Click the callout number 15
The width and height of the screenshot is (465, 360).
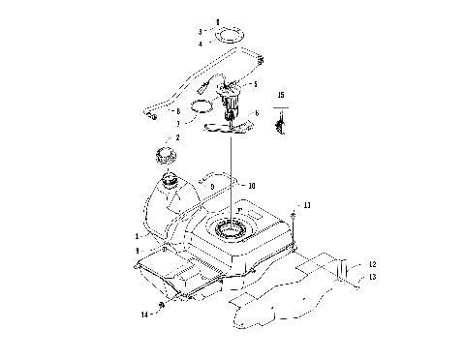282,95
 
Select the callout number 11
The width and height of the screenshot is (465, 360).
307,206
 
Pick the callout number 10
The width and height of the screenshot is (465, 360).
251,185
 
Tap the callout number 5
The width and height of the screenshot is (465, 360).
255,84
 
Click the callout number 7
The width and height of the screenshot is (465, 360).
177,124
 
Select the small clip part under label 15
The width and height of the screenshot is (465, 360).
282,122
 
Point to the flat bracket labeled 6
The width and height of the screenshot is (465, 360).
230,121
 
